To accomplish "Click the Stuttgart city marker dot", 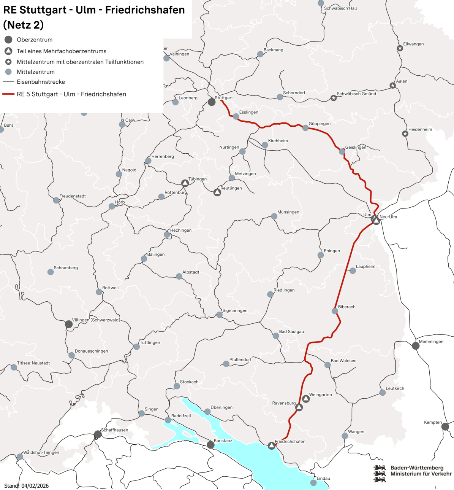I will tap(212, 102).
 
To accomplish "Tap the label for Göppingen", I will tap(320, 124).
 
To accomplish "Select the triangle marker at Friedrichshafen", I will tap(271, 445).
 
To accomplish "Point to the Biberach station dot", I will tap(335, 311).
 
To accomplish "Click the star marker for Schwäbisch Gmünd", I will tap(333, 98).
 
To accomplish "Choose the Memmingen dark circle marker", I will tap(416, 346).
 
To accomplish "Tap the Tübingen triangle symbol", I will tap(185, 183).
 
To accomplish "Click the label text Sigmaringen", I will tap(235, 310).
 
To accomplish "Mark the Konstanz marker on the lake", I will tap(210, 445).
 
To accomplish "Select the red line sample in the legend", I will tap(8, 94).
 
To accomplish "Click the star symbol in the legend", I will tap(8, 62).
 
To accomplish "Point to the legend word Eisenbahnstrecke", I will tap(41, 82).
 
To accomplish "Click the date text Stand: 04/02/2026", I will tap(26, 486).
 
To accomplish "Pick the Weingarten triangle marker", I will tap(306, 399).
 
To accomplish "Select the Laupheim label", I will tap(365, 266).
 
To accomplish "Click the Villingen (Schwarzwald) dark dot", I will tap(69, 324).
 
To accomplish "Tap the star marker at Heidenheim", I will tap(405, 134).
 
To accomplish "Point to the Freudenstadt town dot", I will tap(56, 200).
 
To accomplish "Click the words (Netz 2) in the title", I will tap(23, 25).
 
